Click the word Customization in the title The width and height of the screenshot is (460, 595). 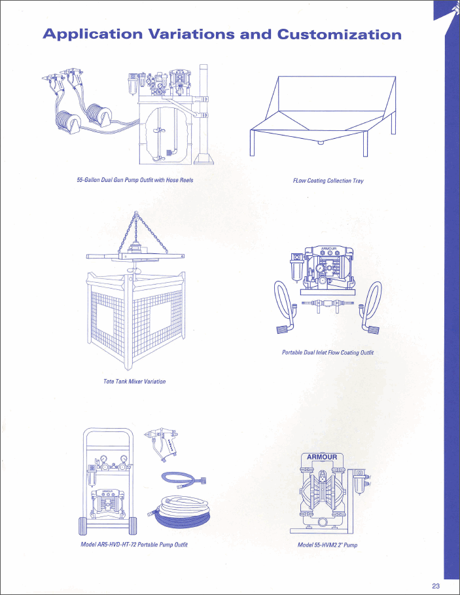click(x=339, y=34)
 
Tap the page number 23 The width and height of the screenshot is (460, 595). click(x=436, y=586)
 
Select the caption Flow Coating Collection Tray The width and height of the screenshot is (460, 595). click(x=328, y=181)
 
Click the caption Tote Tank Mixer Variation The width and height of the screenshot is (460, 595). click(x=135, y=382)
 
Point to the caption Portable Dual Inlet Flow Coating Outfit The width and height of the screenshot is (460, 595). click(x=328, y=353)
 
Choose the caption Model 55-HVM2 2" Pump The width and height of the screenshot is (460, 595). click(x=328, y=545)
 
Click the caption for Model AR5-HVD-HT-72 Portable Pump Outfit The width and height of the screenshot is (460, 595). click(x=134, y=545)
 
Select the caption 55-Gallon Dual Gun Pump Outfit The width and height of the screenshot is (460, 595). click(x=135, y=180)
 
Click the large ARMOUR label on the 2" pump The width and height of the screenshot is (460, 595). click(x=322, y=457)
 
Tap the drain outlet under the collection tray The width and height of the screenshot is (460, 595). click(x=321, y=143)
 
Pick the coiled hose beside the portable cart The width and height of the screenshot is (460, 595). click(x=179, y=511)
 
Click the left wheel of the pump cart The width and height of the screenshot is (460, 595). click(x=83, y=526)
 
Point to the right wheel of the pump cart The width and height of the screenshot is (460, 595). click(x=133, y=526)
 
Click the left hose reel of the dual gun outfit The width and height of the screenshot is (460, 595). click(x=68, y=122)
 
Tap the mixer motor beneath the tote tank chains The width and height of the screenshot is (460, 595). click(x=135, y=248)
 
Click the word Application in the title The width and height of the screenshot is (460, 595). click(x=93, y=34)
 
